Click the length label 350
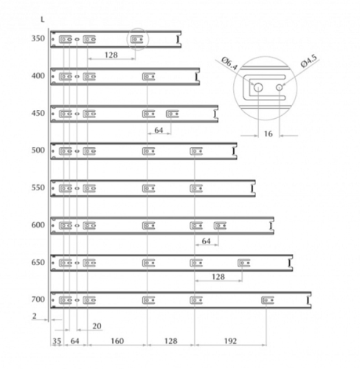pos(38,38)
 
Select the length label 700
pos(38,300)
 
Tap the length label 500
pos(38,150)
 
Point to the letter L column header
pos(43,19)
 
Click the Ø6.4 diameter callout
pos(229,63)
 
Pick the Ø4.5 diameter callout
pos(309,61)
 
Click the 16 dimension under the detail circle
pos(268,134)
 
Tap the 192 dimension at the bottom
pos(230,341)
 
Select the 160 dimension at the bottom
pos(117,341)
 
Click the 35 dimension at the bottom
pos(57,341)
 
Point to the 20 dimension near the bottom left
pos(97,326)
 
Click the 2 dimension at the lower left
pos(35,316)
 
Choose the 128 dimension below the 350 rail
pos(111,55)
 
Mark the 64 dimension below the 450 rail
pos(159,130)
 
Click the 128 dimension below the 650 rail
pos(218,277)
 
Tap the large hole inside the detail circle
pos(258,87)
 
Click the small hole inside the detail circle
pos(279,87)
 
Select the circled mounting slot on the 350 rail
pos(136,39)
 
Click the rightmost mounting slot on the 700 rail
pos(268,300)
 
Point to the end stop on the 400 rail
pos(196,77)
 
